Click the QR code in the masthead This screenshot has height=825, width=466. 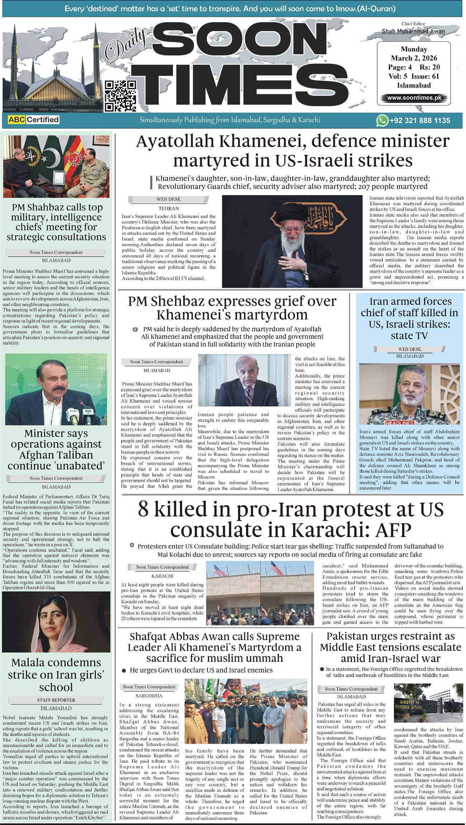click(x=120, y=96)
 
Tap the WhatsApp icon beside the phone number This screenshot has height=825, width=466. click(x=382, y=120)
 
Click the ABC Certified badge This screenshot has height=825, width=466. click(x=33, y=120)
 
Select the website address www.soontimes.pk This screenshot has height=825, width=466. click(x=414, y=98)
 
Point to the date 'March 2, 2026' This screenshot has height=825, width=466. click(x=414, y=58)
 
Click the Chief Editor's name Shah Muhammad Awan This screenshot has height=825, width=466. click(x=413, y=31)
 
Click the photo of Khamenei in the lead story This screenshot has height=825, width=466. click(x=292, y=241)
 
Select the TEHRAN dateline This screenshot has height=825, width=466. click(x=168, y=208)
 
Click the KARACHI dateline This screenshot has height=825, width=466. click(x=162, y=576)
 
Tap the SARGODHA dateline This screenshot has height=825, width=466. click(x=149, y=696)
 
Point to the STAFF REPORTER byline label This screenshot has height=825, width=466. click(x=56, y=700)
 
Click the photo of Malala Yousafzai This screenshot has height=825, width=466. click(x=56, y=622)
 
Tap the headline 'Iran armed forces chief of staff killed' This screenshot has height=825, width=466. click(x=409, y=318)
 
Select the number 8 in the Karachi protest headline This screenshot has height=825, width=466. click(x=143, y=509)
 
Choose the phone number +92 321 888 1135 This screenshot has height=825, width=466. click(x=420, y=120)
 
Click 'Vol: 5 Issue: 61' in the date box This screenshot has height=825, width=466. click(x=414, y=76)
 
